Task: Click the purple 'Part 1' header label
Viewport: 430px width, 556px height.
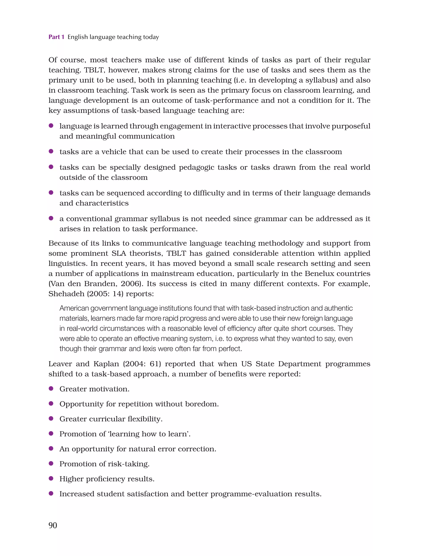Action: point(56,37)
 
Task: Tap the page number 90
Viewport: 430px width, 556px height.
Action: point(53,525)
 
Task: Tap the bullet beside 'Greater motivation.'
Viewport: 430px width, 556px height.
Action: point(51,389)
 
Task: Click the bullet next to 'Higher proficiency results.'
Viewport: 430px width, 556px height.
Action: point(51,478)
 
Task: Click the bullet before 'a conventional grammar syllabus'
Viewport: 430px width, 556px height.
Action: point(51,218)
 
